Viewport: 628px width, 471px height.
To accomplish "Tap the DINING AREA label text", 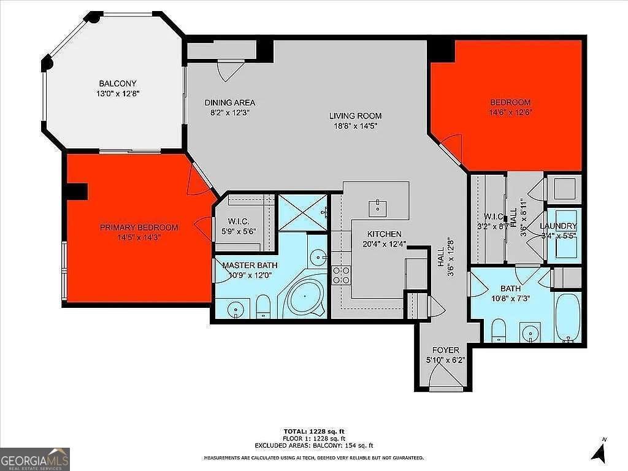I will click(230, 102).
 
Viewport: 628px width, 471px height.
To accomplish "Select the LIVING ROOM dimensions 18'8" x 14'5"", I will click(356, 126).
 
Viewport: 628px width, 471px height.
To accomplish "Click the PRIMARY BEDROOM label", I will click(139, 228).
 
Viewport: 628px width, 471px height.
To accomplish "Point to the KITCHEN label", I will click(385, 234).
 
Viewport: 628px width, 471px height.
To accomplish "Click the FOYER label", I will click(446, 350).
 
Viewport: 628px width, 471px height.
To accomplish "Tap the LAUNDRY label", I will click(558, 226).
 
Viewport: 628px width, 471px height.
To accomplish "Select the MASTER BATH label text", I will click(250, 265).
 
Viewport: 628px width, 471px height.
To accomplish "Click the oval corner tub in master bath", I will click(306, 298).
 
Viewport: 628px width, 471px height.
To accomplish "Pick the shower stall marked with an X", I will click(303, 212).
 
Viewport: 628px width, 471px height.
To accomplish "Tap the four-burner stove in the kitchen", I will click(341, 275).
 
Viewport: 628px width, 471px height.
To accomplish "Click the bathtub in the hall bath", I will click(567, 317).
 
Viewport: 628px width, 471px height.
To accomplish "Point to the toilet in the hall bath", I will click(499, 330).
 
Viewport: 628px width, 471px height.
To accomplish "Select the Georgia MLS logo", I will click(35, 459).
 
